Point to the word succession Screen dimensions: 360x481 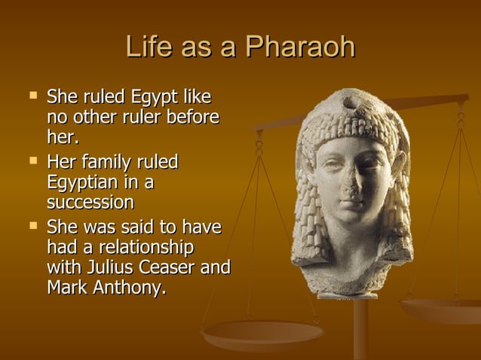point(90,203)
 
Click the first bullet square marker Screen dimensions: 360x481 point(32,96)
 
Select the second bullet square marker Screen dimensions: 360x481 point(32,161)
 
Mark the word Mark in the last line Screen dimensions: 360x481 point(66,288)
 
